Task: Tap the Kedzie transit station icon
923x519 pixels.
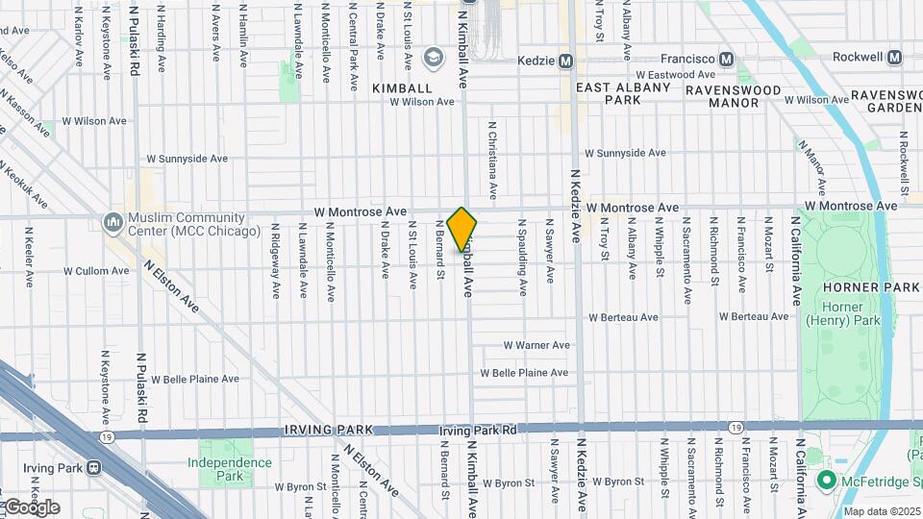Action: click(566, 61)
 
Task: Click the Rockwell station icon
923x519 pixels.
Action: click(895, 58)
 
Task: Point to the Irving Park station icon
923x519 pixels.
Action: click(93, 468)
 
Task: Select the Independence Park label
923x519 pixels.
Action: click(229, 469)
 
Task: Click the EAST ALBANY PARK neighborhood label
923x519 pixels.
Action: click(621, 93)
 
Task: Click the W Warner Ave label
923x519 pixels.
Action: click(537, 345)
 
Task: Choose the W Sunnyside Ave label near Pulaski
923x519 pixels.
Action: click(187, 159)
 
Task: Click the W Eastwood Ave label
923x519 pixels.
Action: click(676, 74)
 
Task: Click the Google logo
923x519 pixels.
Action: click(32, 507)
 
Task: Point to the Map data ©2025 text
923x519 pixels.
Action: click(882, 511)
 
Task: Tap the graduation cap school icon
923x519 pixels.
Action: click(435, 60)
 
